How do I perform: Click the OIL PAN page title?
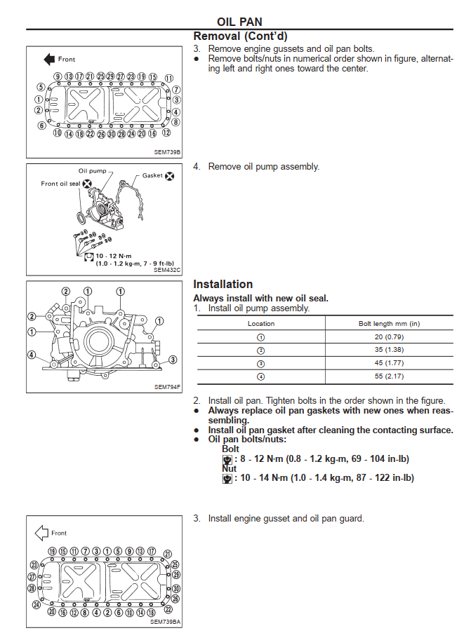coord(239,22)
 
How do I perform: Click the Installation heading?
coord(223,284)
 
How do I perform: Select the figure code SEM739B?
coord(168,151)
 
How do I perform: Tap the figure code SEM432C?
coord(168,269)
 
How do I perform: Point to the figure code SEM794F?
coord(168,386)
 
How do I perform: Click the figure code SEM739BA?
coord(166,621)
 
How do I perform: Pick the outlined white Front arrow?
coord(41,533)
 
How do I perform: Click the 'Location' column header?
coord(261,324)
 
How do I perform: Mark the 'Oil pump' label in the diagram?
coord(91,171)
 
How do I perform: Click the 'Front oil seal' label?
coord(60,184)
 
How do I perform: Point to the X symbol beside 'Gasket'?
coord(169,175)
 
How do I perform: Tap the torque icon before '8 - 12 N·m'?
coord(227,459)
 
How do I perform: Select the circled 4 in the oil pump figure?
coord(32,355)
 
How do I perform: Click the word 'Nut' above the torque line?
coord(229,468)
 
